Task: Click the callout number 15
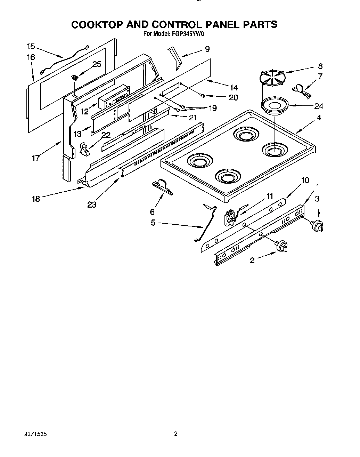[x=31, y=46]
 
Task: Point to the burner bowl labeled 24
[x=274, y=105]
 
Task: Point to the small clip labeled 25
[x=75, y=77]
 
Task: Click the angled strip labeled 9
[x=174, y=57]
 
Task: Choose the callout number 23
[x=92, y=205]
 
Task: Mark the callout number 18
[x=36, y=199]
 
